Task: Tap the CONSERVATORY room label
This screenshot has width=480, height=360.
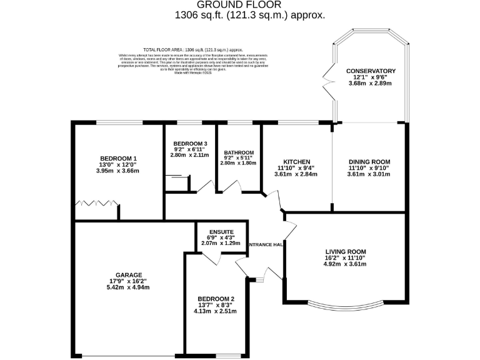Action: pyautogui.click(x=371, y=71)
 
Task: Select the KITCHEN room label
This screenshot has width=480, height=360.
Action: pyautogui.click(x=296, y=162)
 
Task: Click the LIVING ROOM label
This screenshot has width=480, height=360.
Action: pyautogui.click(x=344, y=251)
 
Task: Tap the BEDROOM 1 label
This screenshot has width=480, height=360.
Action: pyautogui.click(x=117, y=158)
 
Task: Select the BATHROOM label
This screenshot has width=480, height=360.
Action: pyautogui.click(x=239, y=153)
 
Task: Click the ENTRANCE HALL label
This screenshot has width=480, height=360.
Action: pyautogui.click(x=266, y=244)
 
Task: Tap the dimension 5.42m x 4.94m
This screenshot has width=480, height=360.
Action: pyautogui.click(x=128, y=288)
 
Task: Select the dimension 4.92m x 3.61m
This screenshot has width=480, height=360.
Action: pyautogui.click(x=344, y=264)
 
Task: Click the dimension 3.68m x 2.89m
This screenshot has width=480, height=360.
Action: pyautogui.click(x=371, y=84)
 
